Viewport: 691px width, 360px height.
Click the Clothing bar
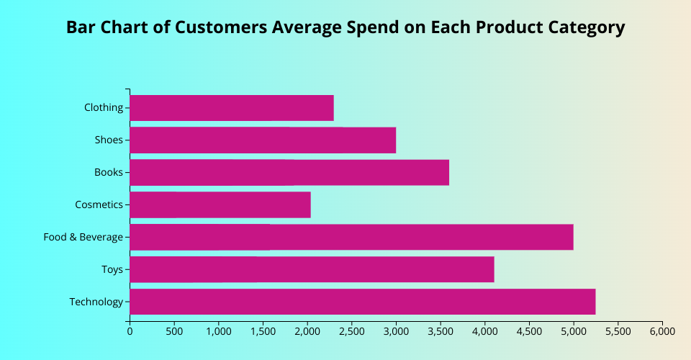(x=231, y=108)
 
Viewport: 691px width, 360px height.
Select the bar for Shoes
(x=263, y=140)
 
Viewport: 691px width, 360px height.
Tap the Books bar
(x=289, y=173)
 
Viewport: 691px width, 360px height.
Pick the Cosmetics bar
(x=220, y=204)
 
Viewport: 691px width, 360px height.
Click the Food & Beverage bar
(x=351, y=237)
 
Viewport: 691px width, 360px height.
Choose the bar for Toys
(x=312, y=269)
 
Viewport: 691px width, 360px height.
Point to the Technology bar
(x=362, y=302)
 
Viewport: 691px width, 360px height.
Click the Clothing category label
(x=104, y=107)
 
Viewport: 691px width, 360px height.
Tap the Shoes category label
(x=109, y=140)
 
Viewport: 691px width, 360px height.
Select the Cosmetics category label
(x=99, y=204)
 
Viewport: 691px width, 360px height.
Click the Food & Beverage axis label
(x=83, y=237)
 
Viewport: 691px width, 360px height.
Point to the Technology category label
(x=96, y=302)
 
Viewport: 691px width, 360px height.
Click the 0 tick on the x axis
(x=130, y=332)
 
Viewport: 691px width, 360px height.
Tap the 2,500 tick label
(x=351, y=332)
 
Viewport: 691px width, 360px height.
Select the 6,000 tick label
(x=661, y=332)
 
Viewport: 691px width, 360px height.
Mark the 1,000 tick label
(x=218, y=332)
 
